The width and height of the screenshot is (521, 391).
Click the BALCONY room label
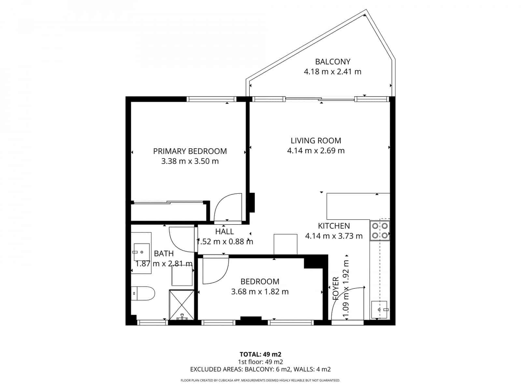coord(332,62)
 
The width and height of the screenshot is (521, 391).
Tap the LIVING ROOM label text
coord(316,141)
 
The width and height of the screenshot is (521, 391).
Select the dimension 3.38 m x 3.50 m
coord(190,161)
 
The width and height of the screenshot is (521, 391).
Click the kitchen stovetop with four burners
coord(380,230)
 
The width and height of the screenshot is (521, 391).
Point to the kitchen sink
coord(379,310)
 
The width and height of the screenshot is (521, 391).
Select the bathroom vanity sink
coord(141,252)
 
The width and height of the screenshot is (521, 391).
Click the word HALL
coord(224,232)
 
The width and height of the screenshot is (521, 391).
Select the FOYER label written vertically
coord(336,288)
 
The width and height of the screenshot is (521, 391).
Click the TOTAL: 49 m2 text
coord(260,354)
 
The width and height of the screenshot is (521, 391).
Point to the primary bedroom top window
coord(211,99)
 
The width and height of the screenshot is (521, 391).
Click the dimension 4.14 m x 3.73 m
coord(333,236)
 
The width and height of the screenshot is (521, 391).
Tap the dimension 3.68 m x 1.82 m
coord(260,292)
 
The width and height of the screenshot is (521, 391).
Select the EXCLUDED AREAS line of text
coord(260,369)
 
